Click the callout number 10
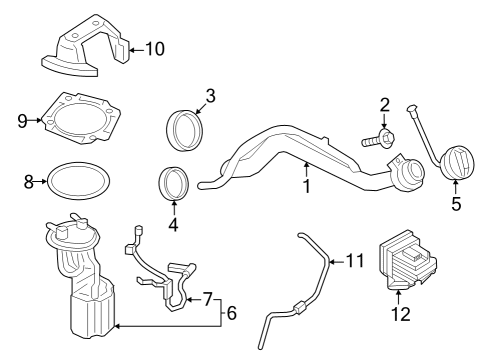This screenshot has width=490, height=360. (x=155, y=47)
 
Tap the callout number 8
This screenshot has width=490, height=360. (x=29, y=181)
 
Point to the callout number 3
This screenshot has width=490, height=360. (x=210, y=96)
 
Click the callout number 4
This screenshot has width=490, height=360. (x=173, y=226)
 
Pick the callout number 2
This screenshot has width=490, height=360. (x=383, y=105)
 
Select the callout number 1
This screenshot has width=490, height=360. (x=306, y=186)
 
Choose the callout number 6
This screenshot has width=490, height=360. (x=231, y=313)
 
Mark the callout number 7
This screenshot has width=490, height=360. (x=207, y=299)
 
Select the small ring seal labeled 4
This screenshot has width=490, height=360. (x=173, y=186)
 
